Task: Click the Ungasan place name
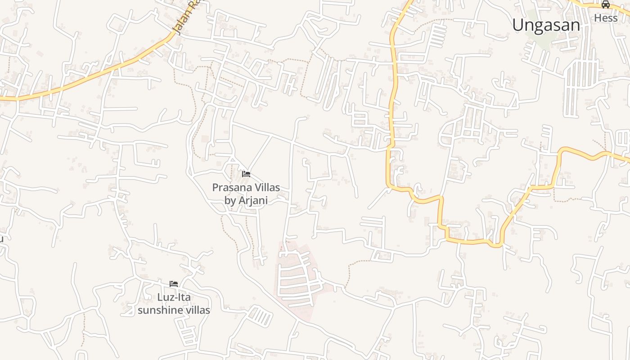point(546,25)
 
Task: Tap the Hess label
point(606,18)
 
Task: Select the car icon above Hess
point(606,5)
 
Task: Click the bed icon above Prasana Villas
point(246,174)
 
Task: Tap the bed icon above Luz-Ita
point(174,284)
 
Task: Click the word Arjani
point(253,200)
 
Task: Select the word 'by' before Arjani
point(230,200)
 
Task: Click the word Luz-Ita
point(174,297)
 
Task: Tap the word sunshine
point(159,310)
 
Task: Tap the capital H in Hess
point(598,18)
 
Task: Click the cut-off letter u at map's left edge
point(1,238)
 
